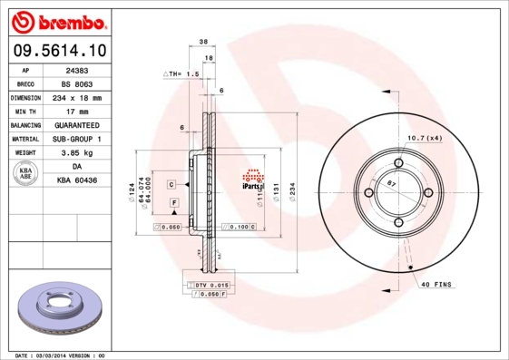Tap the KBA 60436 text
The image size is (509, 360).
(77, 181)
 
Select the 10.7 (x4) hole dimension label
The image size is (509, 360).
(424, 138)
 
